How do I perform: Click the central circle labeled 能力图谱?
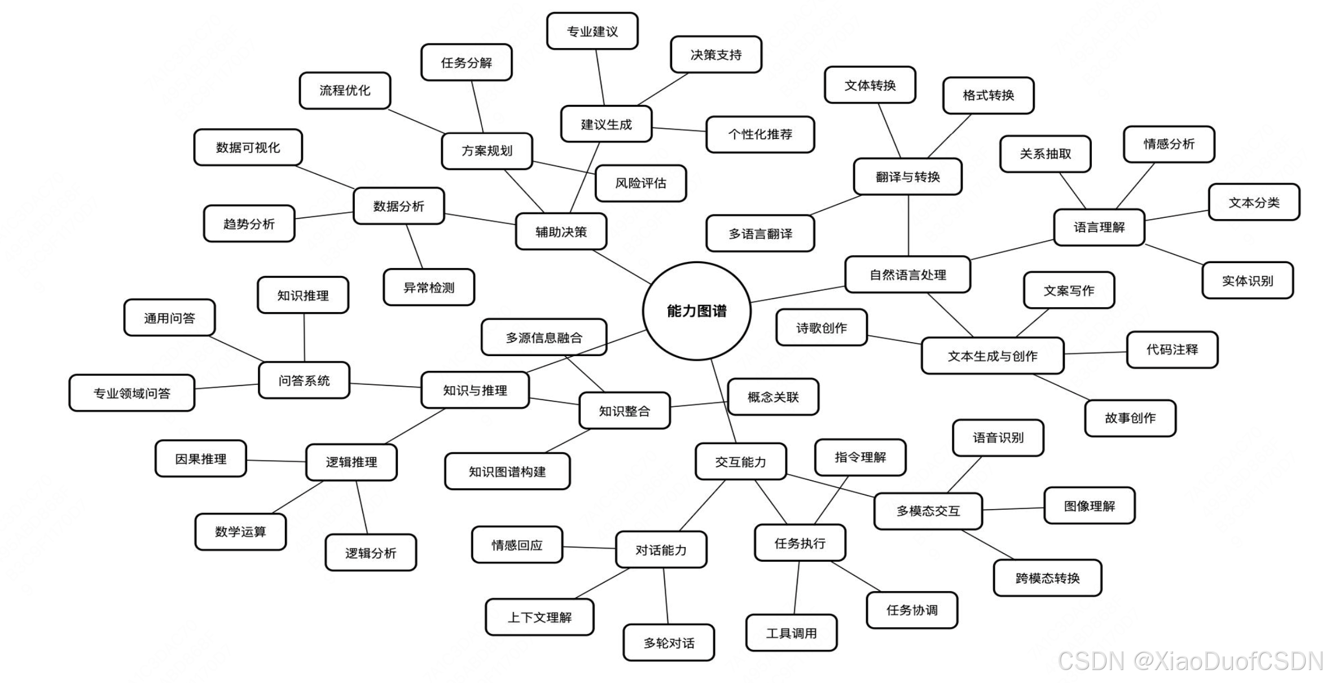coord(696,310)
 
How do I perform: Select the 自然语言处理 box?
coord(907,275)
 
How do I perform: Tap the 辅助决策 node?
coord(561,231)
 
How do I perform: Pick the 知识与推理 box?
coord(475,390)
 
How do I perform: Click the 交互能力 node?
coord(740,462)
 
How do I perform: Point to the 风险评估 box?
coord(640,183)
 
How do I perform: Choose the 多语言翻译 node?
coord(760,234)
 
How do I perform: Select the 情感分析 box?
coord(1169,144)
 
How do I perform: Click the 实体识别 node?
coord(1247,281)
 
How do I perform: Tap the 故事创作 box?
coord(1130,418)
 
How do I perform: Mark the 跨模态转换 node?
coord(1047,578)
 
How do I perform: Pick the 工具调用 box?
coord(791,633)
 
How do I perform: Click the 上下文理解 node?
coord(539,618)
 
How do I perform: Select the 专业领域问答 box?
coord(131,393)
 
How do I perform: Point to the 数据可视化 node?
coord(248,147)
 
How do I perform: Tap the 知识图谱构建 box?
coord(507,471)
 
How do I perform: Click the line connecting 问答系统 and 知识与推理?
coord(385,386)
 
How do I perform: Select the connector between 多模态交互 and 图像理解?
coord(1013,509)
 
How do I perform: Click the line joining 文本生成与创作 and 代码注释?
coord(1095,353)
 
